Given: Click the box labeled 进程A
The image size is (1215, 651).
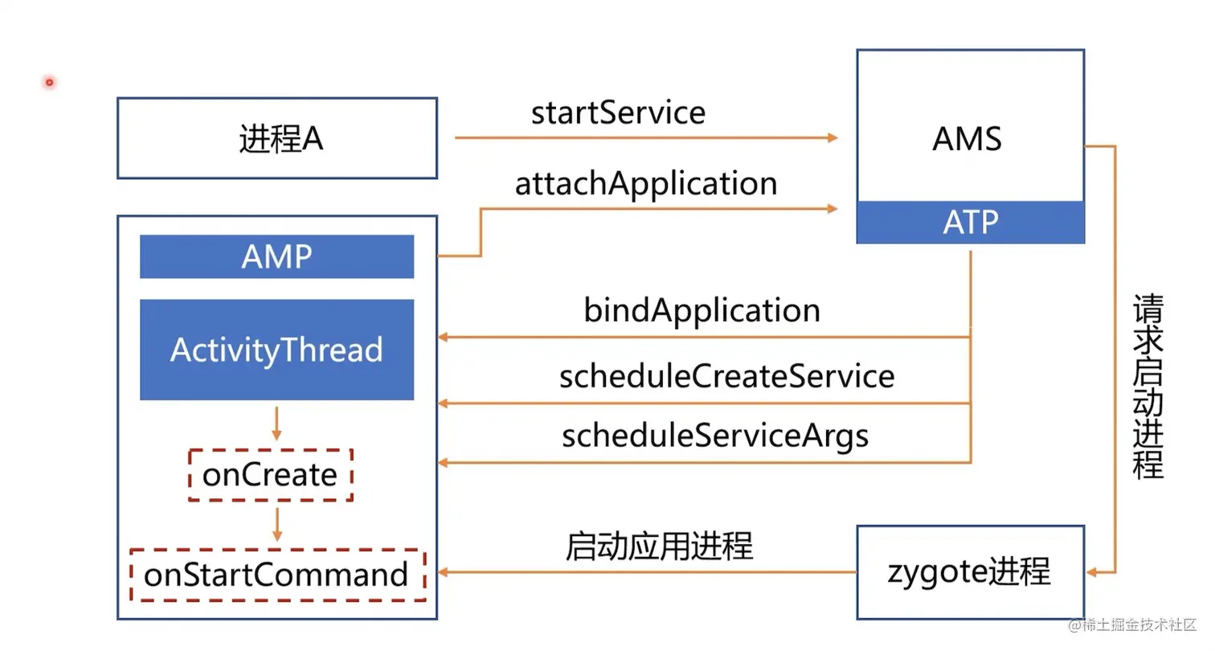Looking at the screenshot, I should [277, 138].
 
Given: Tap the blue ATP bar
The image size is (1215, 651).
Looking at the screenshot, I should [971, 223].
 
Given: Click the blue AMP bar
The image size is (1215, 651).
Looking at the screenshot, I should [276, 257].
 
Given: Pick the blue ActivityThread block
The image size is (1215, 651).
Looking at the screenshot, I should [276, 350].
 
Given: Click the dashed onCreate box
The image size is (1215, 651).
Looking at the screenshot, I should [271, 475].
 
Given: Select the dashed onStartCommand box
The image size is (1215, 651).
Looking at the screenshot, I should [277, 575].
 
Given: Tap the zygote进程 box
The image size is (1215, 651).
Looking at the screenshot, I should [970, 571].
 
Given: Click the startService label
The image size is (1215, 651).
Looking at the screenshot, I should [618, 113].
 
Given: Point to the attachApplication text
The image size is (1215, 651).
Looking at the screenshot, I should [646, 183].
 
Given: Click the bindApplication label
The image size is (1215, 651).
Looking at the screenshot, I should [702, 310].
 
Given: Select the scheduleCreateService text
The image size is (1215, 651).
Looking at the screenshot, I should [726, 376].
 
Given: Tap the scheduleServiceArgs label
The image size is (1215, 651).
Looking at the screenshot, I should [715, 436].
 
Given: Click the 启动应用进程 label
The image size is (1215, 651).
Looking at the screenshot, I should [659, 547].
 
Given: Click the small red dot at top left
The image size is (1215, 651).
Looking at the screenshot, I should [49, 82].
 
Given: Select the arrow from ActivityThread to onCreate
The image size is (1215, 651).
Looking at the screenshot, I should [276, 424].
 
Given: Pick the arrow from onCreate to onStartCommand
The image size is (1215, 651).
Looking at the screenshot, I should [276, 524].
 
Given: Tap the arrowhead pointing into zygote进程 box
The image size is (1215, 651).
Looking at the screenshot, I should [1093, 572].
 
